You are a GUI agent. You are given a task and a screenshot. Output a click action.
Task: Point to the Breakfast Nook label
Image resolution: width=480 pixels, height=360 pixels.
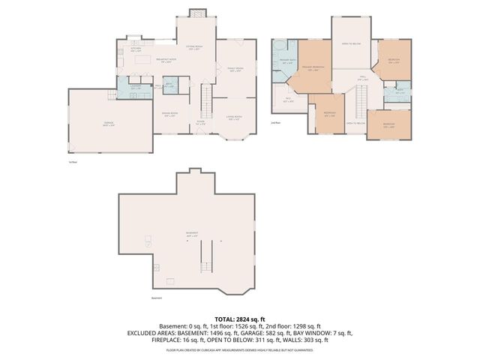click(166, 61)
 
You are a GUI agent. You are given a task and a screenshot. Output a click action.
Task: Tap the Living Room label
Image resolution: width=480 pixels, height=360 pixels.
click(234, 116)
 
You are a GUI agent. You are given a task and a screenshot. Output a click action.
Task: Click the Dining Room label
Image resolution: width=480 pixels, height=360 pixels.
click(169, 114)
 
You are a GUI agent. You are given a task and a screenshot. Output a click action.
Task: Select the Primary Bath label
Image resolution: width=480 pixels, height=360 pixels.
click(286, 61)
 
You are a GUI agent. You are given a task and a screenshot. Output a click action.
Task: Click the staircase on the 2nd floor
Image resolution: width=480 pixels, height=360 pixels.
click(360, 100)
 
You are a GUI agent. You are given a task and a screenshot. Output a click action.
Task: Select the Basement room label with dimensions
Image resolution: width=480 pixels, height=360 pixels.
click(190, 234)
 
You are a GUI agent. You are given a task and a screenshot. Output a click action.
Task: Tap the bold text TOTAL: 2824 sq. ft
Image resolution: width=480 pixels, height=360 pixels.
click(239, 319)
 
